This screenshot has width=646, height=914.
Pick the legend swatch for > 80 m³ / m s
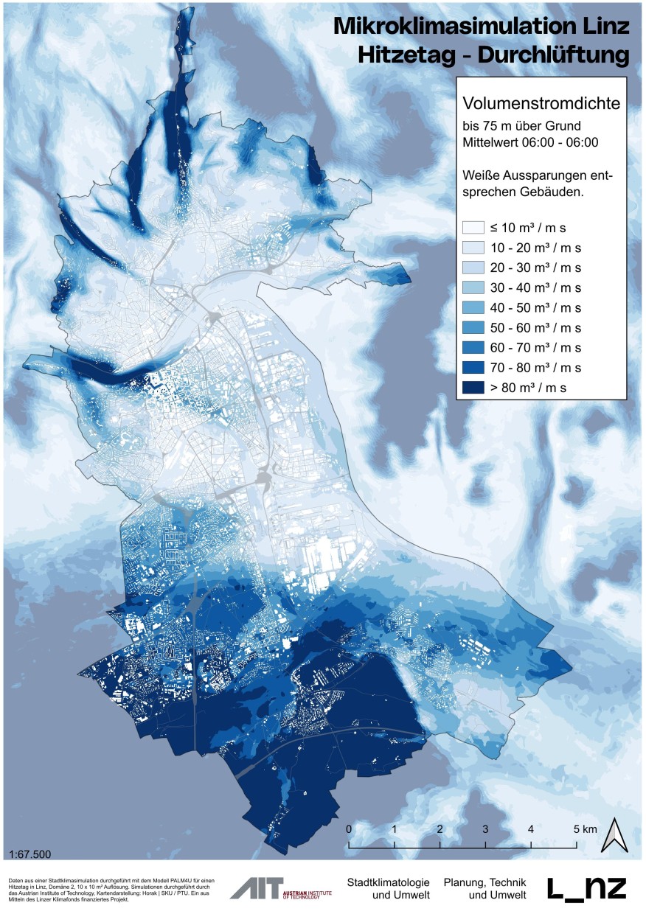point(472,386)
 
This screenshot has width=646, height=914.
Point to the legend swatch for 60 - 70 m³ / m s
point(472,346)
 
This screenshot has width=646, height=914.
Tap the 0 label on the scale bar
point(349,829)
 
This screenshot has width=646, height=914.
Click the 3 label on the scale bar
point(485,829)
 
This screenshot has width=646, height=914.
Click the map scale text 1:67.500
point(31,854)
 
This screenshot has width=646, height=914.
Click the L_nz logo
point(587,888)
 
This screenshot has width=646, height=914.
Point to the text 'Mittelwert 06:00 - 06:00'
point(529,142)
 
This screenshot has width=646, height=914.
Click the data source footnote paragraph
point(111,889)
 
